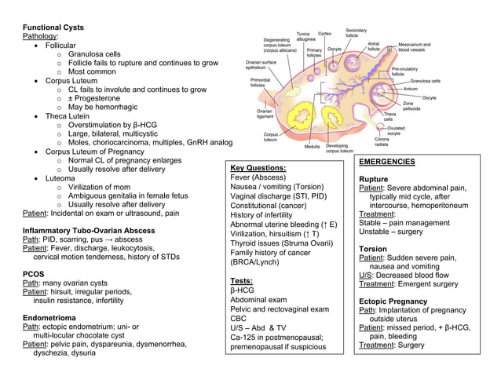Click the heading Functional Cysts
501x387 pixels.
coord(53,27)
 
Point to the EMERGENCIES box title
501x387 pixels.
coord(387,162)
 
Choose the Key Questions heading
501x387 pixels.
coord(258,168)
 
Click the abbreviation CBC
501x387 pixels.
coord(240,319)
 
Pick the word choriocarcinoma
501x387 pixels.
coord(126,142)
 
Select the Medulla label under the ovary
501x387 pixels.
coord(311,147)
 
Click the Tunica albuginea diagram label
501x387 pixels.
coord(305,37)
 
